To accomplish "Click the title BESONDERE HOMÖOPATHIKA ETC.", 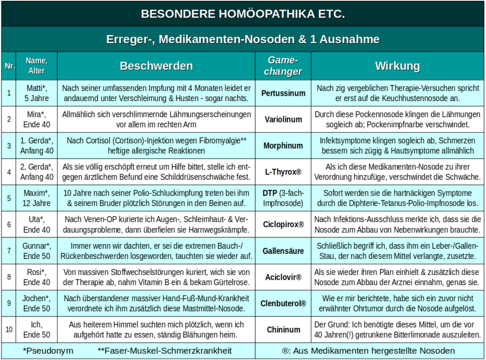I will (243, 14).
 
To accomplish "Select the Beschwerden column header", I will (156, 66).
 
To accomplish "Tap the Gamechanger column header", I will (283, 66).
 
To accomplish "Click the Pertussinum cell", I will (283, 93).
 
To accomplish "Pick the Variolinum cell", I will (283, 120).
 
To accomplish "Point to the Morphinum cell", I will (283, 146).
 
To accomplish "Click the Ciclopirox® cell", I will (283, 225).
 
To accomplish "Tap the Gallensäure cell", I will (283, 251).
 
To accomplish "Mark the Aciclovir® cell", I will (283, 277).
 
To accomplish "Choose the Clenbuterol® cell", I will (283, 303).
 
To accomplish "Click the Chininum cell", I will (283, 330).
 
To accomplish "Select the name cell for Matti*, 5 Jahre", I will (37, 93).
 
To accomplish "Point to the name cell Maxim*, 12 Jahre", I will (37, 199).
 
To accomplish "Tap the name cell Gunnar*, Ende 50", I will (37, 251).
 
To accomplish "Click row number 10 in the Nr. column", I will (9, 330).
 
